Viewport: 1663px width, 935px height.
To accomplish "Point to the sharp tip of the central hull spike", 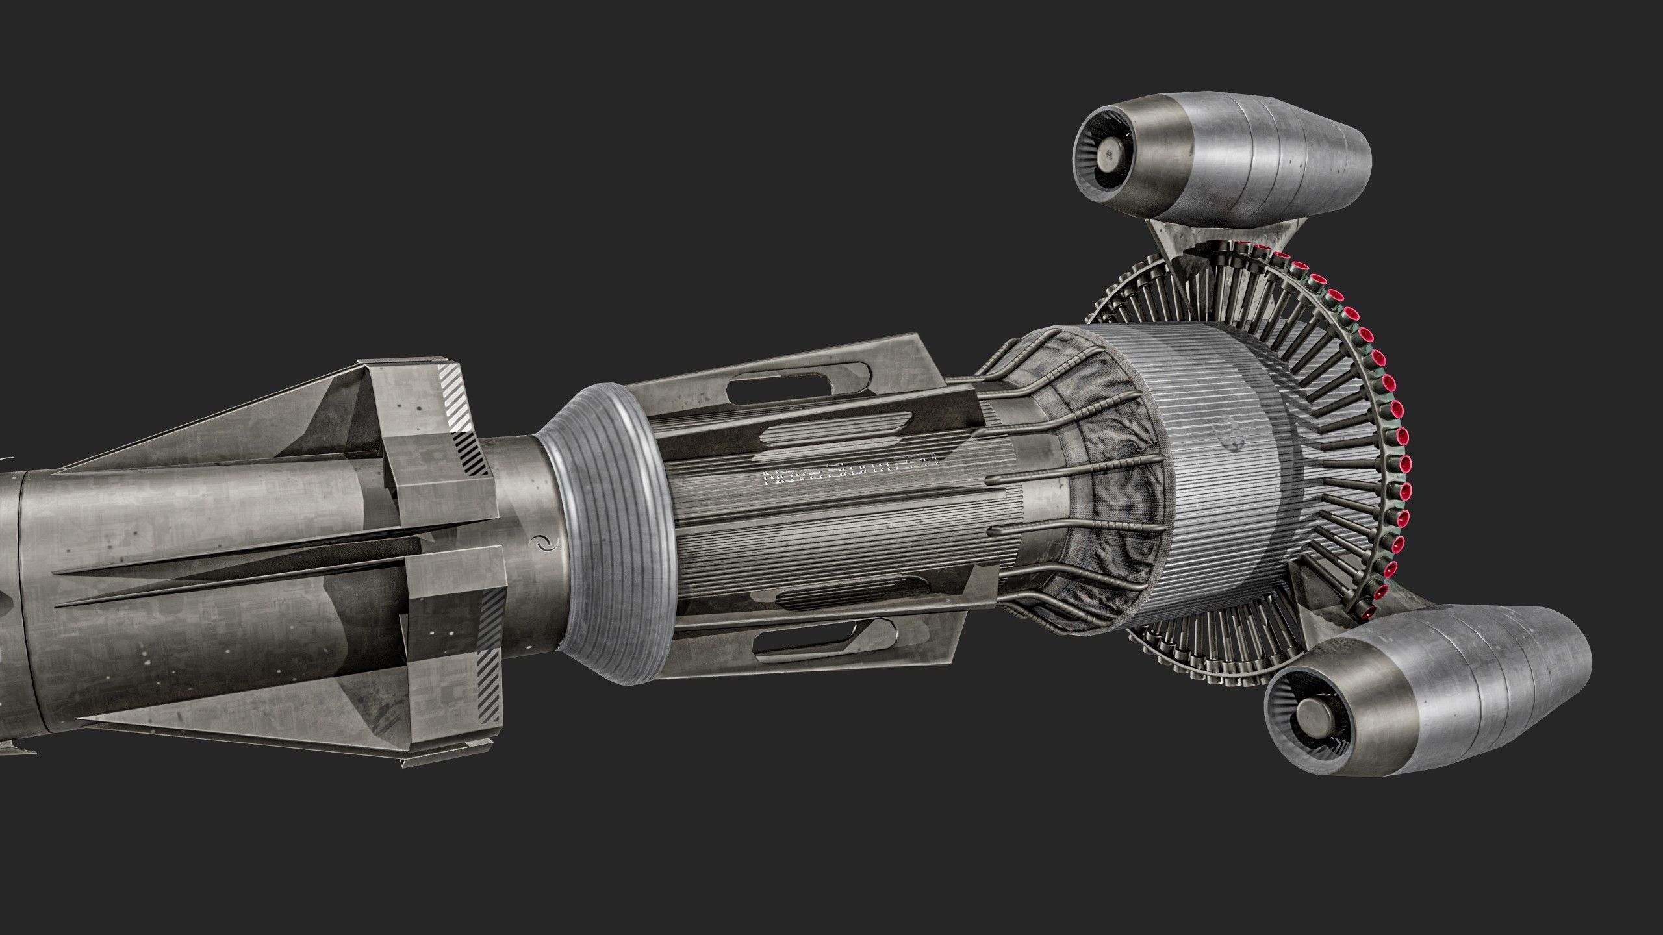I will click(57, 574).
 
